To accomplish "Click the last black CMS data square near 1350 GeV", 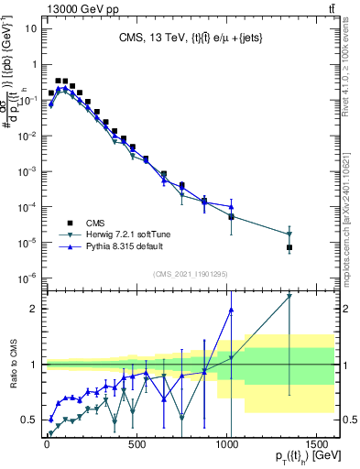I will (x=289, y=247).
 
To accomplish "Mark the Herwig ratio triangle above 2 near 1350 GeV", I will (x=289, y=296).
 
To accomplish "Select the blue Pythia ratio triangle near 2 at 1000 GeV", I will (x=231, y=310).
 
